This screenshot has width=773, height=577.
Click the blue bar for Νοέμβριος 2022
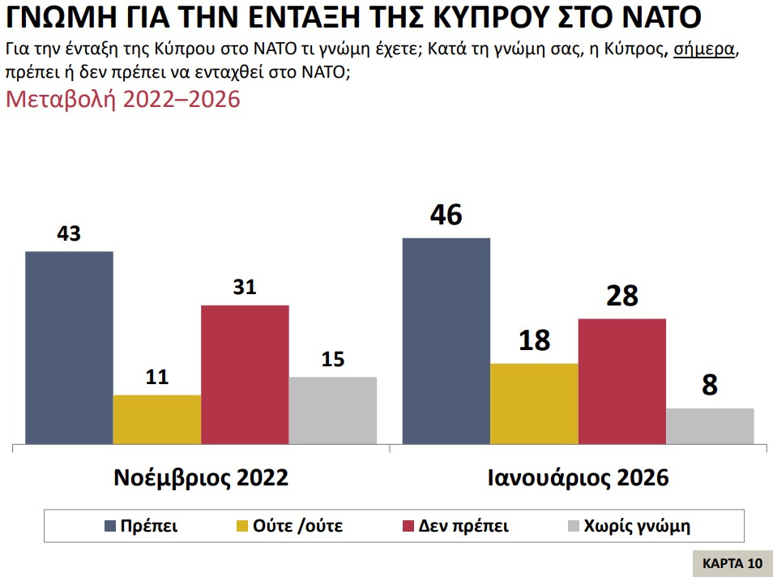tap(69, 348)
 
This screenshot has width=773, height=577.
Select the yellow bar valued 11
tap(156, 419)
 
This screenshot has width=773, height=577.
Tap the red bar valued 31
tap(245, 374)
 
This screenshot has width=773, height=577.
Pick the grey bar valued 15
tap(332, 410)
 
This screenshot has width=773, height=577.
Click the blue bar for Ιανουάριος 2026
tap(446, 341)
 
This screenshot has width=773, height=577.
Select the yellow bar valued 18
tap(534, 404)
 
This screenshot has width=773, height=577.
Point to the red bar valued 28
tap(621, 381)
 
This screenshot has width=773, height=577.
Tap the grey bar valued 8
tap(710, 425)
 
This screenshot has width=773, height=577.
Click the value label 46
tap(446, 216)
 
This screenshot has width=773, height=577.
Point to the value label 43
tap(69, 234)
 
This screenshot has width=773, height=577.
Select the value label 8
tap(710, 385)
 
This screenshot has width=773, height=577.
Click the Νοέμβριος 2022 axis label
tap(201, 478)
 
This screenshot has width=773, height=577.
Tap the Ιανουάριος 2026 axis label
tap(578, 478)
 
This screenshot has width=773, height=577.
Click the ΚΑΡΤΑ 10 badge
tap(732, 563)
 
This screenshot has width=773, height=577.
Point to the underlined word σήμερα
tap(705, 49)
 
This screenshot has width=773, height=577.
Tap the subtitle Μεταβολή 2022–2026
tap(123, 100)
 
